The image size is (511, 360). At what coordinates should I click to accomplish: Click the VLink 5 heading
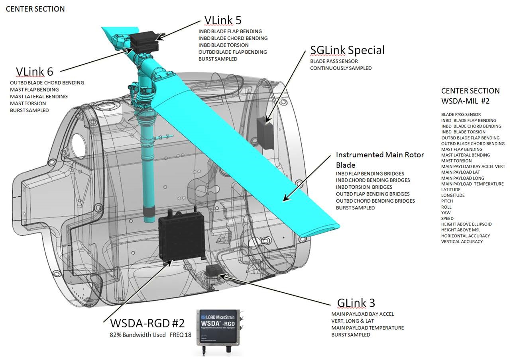coord(222,20)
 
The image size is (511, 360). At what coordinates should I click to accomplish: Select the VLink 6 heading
coord(34,71)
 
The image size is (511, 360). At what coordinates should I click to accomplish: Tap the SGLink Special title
coord(347,50)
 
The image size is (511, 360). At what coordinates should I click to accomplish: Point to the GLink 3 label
coord(356,303)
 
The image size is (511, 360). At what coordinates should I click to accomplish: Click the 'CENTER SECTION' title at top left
coord(35,9)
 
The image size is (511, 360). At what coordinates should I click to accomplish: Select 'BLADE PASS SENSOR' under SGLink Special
coord(334,61)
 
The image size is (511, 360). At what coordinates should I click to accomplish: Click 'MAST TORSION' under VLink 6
coord(28,104)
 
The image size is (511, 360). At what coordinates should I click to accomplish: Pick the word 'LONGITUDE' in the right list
coord(453,196)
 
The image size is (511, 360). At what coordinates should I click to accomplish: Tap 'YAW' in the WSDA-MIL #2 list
coord(446,213)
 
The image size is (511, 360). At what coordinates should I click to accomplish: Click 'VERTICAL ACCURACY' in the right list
coord(462,242)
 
